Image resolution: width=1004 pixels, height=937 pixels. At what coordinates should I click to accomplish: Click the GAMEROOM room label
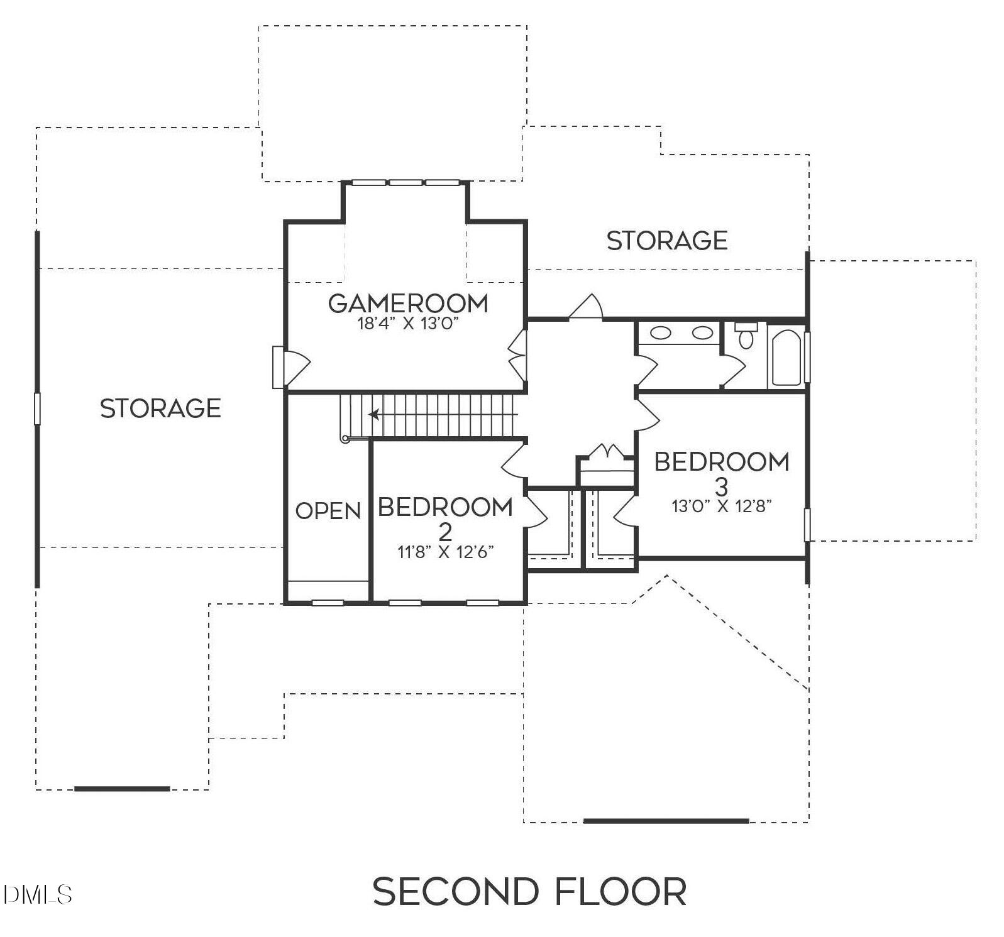(408, 304)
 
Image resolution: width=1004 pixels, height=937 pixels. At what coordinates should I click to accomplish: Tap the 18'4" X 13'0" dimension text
(408, 324)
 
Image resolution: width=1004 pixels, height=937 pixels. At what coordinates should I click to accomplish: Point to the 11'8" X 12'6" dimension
(445, 552)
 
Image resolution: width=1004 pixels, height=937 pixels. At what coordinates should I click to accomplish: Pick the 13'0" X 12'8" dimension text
(722, 507)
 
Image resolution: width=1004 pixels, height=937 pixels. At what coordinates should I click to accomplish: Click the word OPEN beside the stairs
(328, 511)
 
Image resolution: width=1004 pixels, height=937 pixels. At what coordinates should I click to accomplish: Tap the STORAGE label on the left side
(160, 408)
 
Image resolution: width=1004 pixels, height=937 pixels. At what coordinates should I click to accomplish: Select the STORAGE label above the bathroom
(667, 241)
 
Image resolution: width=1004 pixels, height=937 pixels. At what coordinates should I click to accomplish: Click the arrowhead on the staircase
(373, 414)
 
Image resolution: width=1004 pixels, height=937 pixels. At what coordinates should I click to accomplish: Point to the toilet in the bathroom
(746, 337)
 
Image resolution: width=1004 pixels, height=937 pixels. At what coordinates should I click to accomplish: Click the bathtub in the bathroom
(786, 358)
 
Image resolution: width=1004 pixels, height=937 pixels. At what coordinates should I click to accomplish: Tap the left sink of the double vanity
(660, 333)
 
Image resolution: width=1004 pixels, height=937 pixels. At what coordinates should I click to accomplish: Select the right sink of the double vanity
(702, 333)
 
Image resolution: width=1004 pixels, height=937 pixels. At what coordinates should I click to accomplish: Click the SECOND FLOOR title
(529, 891)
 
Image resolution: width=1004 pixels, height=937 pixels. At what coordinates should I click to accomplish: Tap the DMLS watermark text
(36, 894)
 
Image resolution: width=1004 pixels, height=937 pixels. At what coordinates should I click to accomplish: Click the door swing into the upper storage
(587, 307)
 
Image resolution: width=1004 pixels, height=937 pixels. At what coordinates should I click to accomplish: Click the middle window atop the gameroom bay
(405, 182)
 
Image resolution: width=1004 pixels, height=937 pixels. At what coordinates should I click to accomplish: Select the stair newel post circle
(345, 439)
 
